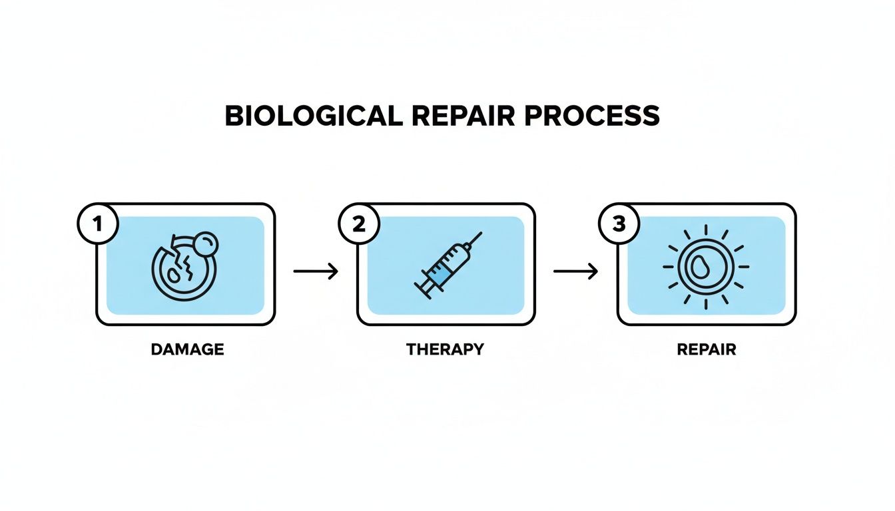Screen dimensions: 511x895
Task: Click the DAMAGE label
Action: pos(187,349)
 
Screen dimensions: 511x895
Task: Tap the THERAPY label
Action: pos(445,349)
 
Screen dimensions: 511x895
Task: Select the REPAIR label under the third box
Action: pos(707,349)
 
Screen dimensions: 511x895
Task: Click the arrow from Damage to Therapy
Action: pos(316,271)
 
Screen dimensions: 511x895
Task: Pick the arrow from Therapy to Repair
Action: pos(576,271)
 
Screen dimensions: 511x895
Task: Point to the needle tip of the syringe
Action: pos(480,234)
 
